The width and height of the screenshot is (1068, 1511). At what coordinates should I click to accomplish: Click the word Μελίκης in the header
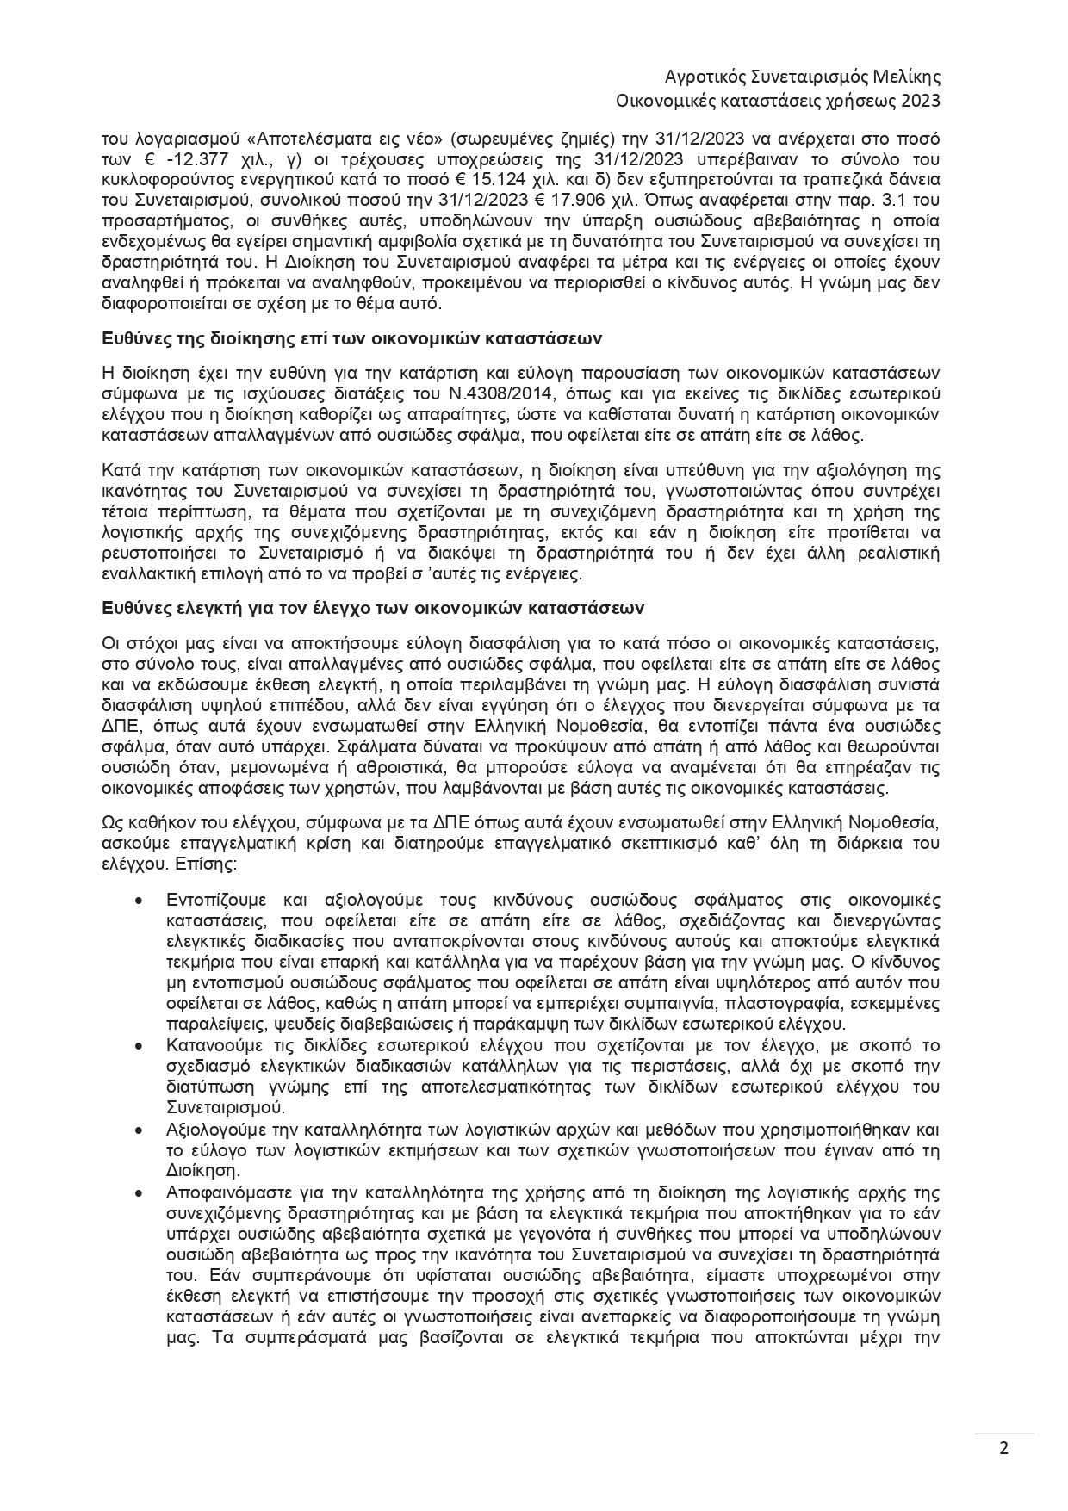point(904,77)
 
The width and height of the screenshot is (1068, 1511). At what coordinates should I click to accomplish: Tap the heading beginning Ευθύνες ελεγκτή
point(373,607)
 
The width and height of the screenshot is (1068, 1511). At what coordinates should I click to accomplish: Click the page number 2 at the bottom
point(1003,1447)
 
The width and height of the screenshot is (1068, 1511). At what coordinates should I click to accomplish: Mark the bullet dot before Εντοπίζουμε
point(139,900)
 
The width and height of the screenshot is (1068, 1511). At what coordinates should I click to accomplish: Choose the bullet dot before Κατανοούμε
point(139,1046)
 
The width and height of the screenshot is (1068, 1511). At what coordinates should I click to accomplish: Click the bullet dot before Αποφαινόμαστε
point(139,1192)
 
